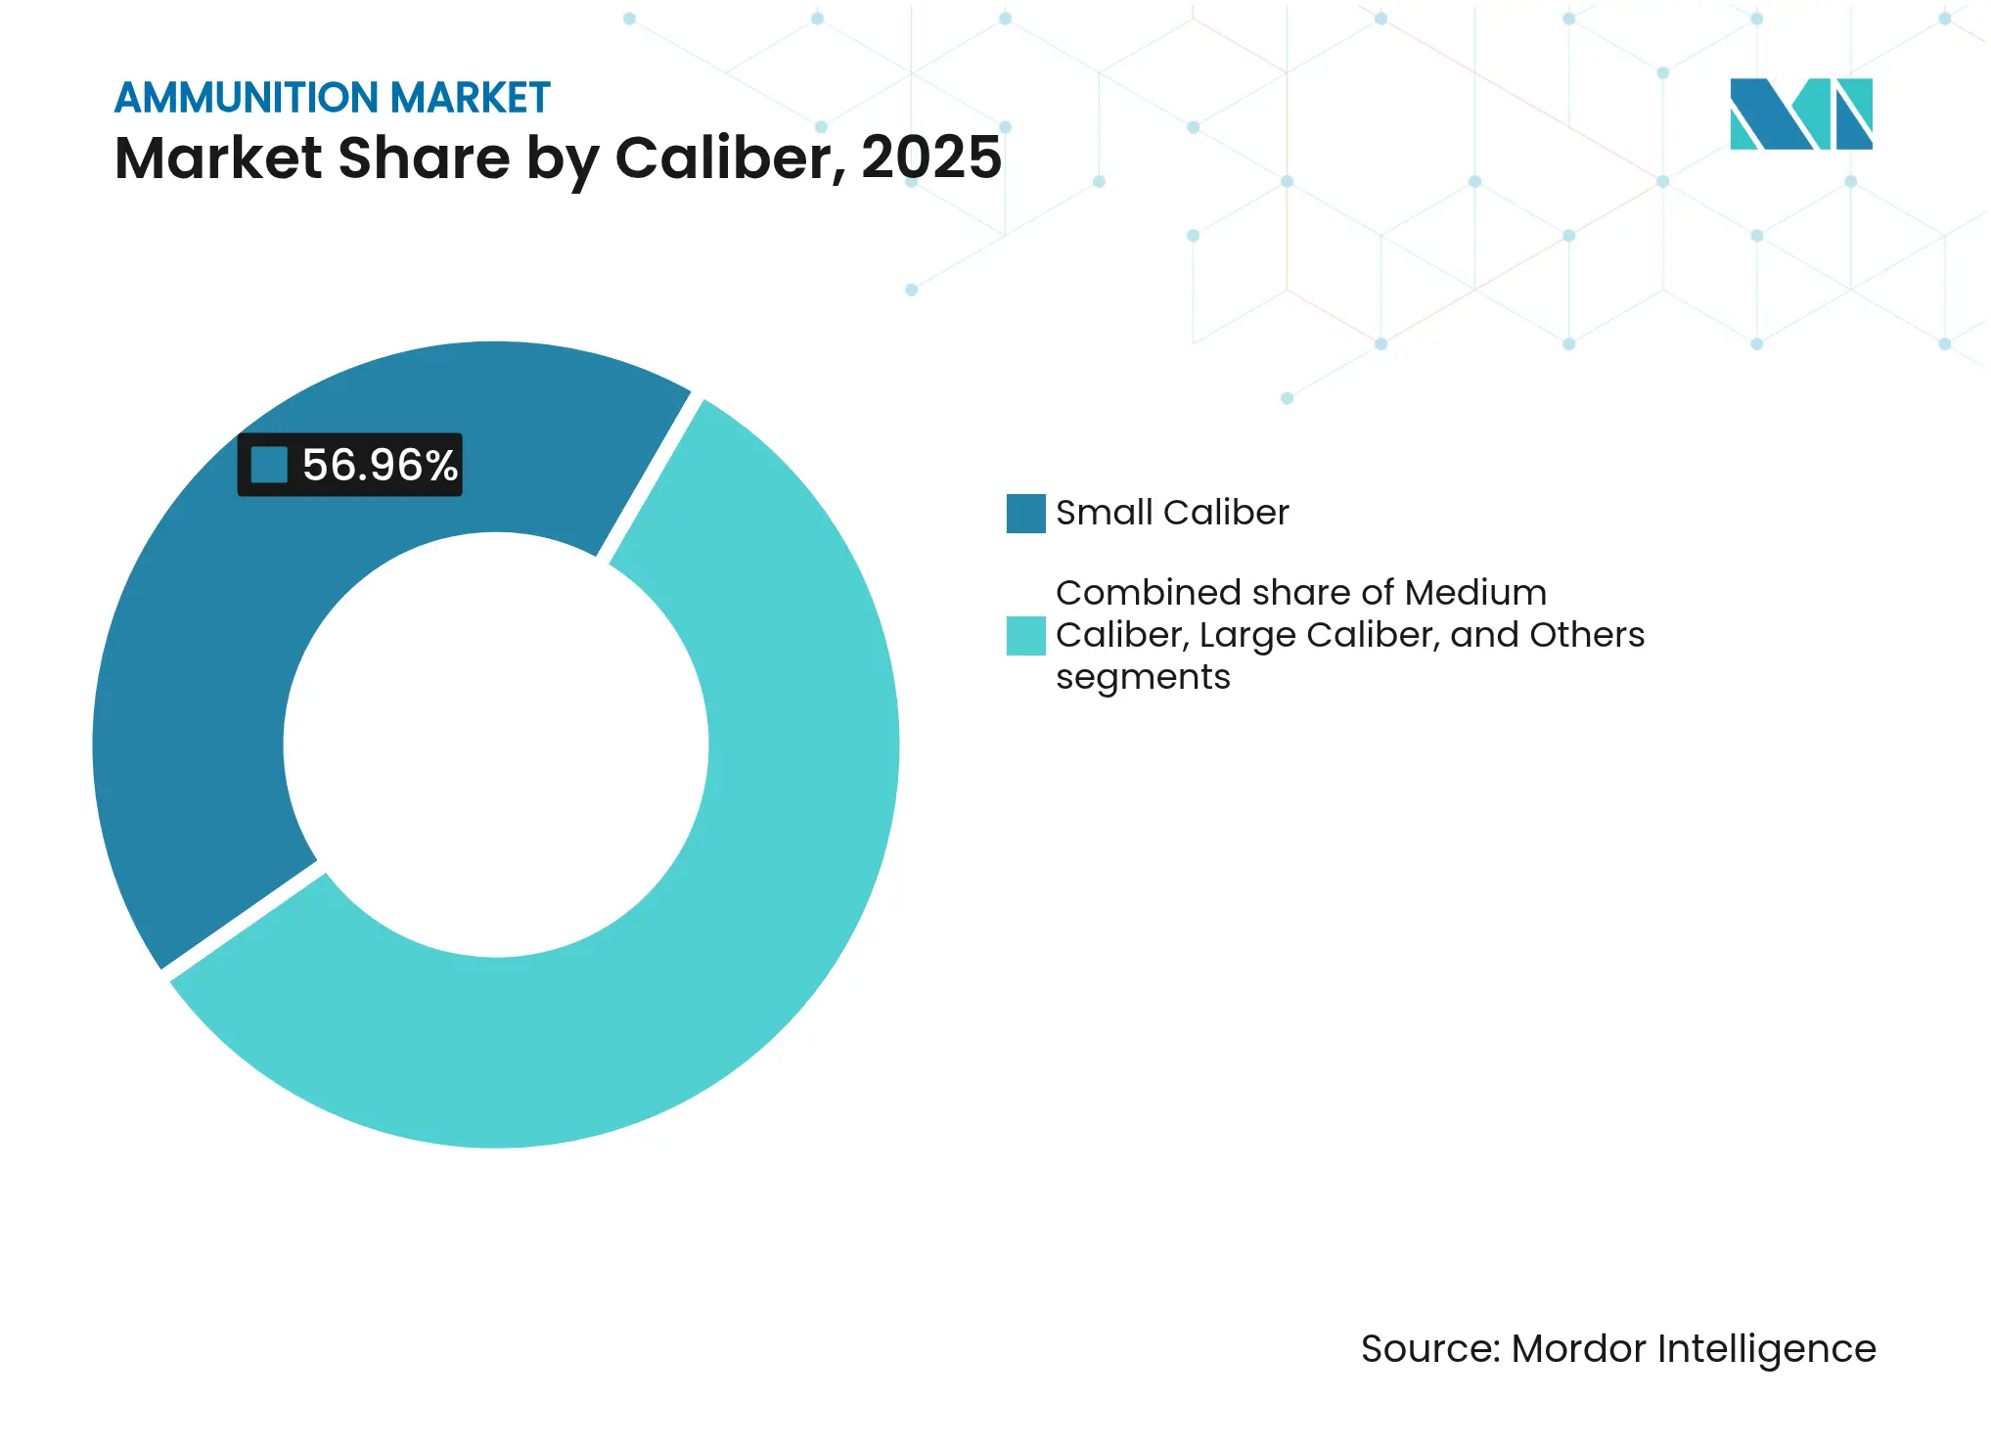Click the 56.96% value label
pyautogui.click(x=380, y=466)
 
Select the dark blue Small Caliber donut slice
pyautogui.click(x=196, y=685)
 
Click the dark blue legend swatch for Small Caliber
pyautogui.click(x=1025, y=514)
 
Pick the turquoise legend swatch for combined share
pyautogui.click(x=1025, y=636)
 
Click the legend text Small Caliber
pyautogui.click(x=1172, y=514)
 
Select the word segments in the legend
pyautogui.click(x=1143, y=677)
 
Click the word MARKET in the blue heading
pyautogui.click(x=470, y=99)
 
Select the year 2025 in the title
pyautogui.click(x=931, y=158)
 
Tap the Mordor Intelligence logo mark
pyautogui.click(x=1800, y=114)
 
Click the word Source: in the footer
pyautogui.click(x=1429, y=1349)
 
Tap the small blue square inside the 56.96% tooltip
pyautogui.click(x=269, y=466)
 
